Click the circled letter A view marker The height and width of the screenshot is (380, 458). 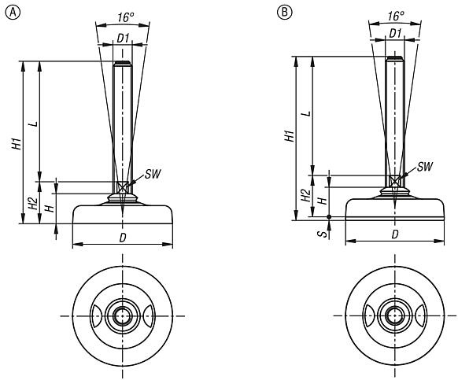(x=9, y=13)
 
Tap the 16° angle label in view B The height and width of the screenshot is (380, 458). (x=395, y=15)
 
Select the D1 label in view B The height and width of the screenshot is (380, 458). (x=396, y=34)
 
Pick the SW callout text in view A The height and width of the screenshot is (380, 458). (x=153, y=173)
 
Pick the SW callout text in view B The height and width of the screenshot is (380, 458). (x=425, y=166)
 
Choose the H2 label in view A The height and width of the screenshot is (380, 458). (x=32, y=203)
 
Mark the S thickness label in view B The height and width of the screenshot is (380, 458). (x=322, y=231)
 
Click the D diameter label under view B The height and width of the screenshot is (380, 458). (x=394, y=234)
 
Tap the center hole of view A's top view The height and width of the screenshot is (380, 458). (x=122, y=316)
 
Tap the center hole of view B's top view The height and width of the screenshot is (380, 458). (x=395, y=316)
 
